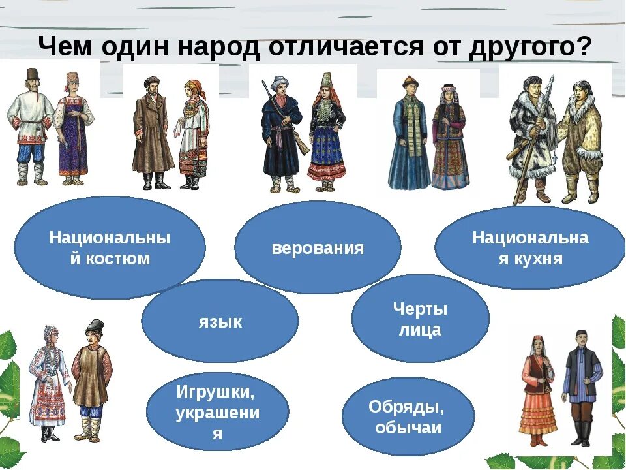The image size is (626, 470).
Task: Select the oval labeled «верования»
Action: coord(318,248)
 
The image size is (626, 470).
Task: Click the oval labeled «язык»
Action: coord(220,321)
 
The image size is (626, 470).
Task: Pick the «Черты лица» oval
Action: coord(420,319)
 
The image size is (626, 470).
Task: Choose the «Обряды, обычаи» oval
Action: coord(408,417)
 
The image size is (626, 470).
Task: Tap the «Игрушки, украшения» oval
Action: coord(217,412)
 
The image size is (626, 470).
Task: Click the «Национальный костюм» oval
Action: coord(110,248)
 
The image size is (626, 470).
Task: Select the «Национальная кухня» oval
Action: coord(529,248)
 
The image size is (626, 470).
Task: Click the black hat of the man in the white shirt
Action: coord(30,76)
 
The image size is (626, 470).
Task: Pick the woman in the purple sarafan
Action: coord(73,131)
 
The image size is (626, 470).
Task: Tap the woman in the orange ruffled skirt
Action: coord(539,392)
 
